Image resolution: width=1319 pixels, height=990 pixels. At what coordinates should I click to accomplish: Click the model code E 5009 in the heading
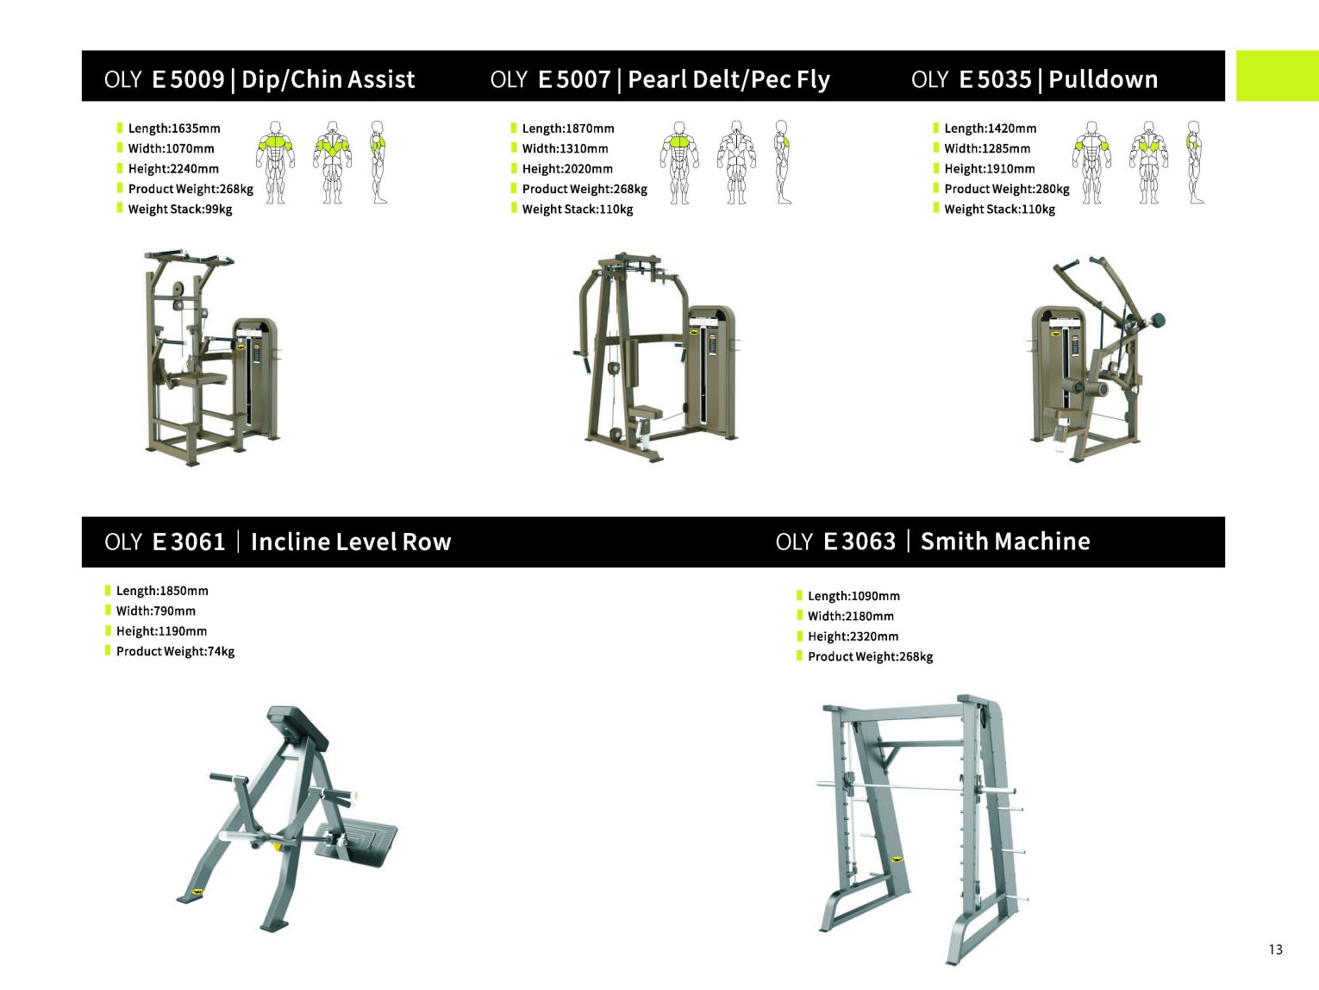pos(188,79)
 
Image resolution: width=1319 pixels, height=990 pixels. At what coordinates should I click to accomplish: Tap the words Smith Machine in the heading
pos(1005,542)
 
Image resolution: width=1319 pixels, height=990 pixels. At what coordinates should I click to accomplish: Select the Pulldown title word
pos(1103,79)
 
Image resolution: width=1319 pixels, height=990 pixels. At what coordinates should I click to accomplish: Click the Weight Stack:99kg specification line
pos(179,210)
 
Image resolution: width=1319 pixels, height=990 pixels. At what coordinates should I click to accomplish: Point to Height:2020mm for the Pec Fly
pos(567,169)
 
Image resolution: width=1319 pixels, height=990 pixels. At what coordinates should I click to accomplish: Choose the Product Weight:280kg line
pos(1007,190)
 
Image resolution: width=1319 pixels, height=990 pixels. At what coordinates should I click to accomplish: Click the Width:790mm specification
pos(156,611)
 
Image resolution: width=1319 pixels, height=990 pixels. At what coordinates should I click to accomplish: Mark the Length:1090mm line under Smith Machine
pos(853,596)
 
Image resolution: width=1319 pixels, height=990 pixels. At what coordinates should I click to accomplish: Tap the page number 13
pos(1275,949)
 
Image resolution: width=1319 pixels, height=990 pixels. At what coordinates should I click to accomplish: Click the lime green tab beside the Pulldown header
pos(1278,76)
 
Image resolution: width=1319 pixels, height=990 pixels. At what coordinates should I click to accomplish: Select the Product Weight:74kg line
pos(175,652)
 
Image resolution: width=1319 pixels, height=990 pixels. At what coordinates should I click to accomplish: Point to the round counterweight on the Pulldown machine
pos(1156,321)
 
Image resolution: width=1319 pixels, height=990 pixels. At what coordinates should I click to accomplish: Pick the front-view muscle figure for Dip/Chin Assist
pos(275,162)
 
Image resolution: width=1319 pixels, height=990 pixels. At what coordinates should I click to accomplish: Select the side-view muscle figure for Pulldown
pos(1195,162)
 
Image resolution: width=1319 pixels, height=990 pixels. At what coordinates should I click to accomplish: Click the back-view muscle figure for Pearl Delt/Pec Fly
pos(736,162)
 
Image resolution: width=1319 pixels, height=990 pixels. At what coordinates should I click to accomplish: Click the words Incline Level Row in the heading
pos(351,542)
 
